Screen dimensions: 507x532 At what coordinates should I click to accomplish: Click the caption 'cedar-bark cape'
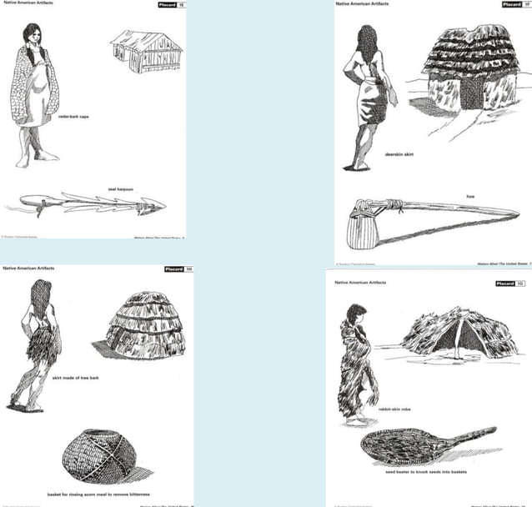coord(73,117)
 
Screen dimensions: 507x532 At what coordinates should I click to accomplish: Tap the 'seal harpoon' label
coord(121,188)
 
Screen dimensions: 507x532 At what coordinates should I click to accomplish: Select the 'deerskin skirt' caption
coord(399,154)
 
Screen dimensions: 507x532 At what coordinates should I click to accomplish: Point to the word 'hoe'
coord(470,196)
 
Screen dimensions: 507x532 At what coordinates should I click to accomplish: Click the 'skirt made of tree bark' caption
coord(74,378)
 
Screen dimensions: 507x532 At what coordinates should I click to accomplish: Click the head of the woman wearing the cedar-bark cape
coord(33,34)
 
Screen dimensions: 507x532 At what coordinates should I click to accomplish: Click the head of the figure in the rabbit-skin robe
coord(356,314)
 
